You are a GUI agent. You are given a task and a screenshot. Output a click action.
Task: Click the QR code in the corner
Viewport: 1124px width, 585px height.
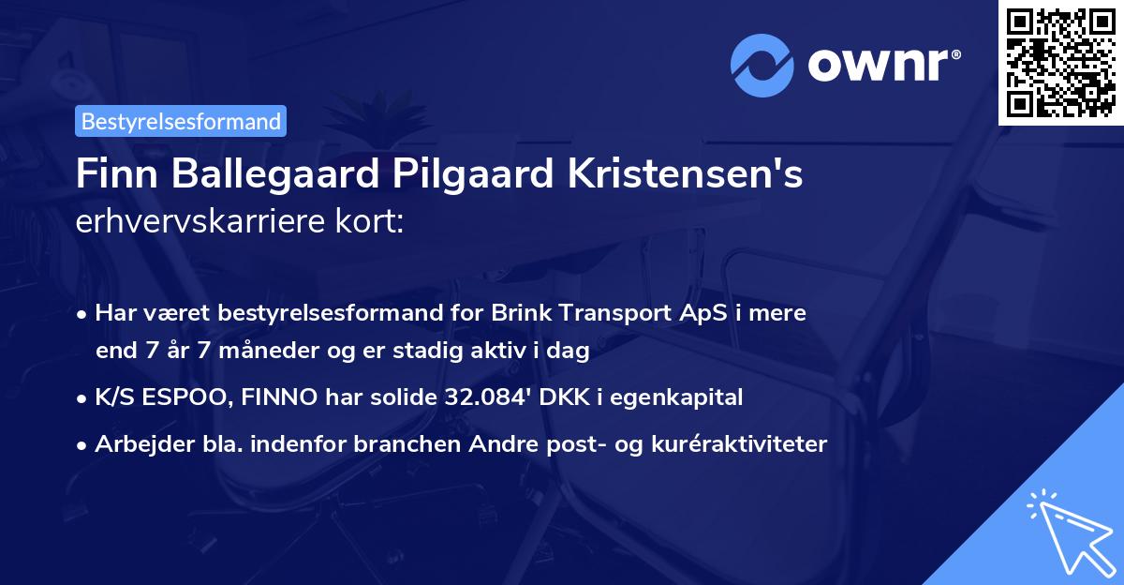click(1061, 62)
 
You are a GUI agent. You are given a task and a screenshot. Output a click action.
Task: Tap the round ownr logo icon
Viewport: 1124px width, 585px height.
click(762, 67)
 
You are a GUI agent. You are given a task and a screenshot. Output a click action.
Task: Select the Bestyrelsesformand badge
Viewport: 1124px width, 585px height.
click(181, 121)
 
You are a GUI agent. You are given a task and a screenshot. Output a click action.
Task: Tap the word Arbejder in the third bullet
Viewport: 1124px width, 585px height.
click(135, 443)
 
